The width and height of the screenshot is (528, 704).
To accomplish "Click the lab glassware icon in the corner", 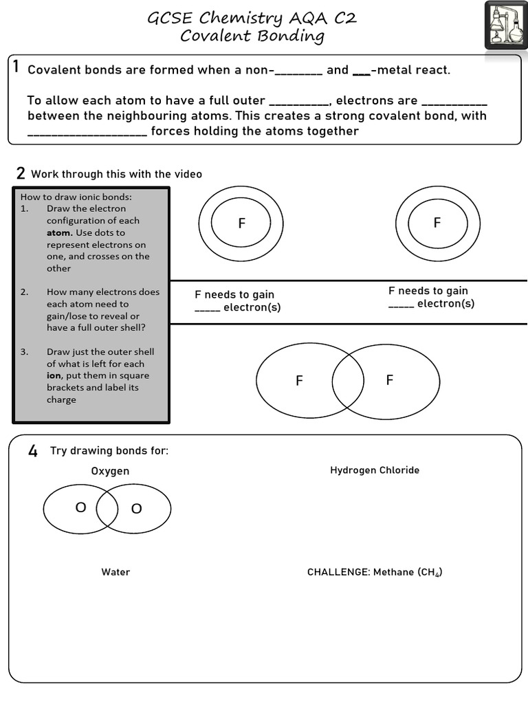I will (506, 25).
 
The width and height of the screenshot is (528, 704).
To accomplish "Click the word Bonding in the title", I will (289, 36).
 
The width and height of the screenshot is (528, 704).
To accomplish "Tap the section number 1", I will (16, 67).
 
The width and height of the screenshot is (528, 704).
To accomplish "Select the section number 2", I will (21, 173).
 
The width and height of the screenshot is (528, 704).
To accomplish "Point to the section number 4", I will (32, 451).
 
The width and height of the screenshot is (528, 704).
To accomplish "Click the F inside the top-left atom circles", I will (241, 223).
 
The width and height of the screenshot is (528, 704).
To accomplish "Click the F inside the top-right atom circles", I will (437, 222).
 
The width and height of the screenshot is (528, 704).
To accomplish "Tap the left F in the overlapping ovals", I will (299, 380).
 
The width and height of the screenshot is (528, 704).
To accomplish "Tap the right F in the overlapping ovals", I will (389, 380).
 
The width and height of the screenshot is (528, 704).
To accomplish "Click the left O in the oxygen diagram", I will (80, 507).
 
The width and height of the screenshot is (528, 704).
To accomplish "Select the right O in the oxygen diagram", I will (136, 509).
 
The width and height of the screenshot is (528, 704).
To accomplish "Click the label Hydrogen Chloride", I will (375, 470).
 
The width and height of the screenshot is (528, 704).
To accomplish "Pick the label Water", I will (115, 572).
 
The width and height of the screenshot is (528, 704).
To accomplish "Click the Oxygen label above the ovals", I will (110, 471).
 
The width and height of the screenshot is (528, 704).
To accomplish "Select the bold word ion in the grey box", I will (54, 375).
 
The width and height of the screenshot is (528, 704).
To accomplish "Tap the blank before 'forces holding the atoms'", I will (87, 131).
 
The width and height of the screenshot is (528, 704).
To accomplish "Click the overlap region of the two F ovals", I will (348, 380).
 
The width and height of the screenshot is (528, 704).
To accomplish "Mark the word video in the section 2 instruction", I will (188, 174).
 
